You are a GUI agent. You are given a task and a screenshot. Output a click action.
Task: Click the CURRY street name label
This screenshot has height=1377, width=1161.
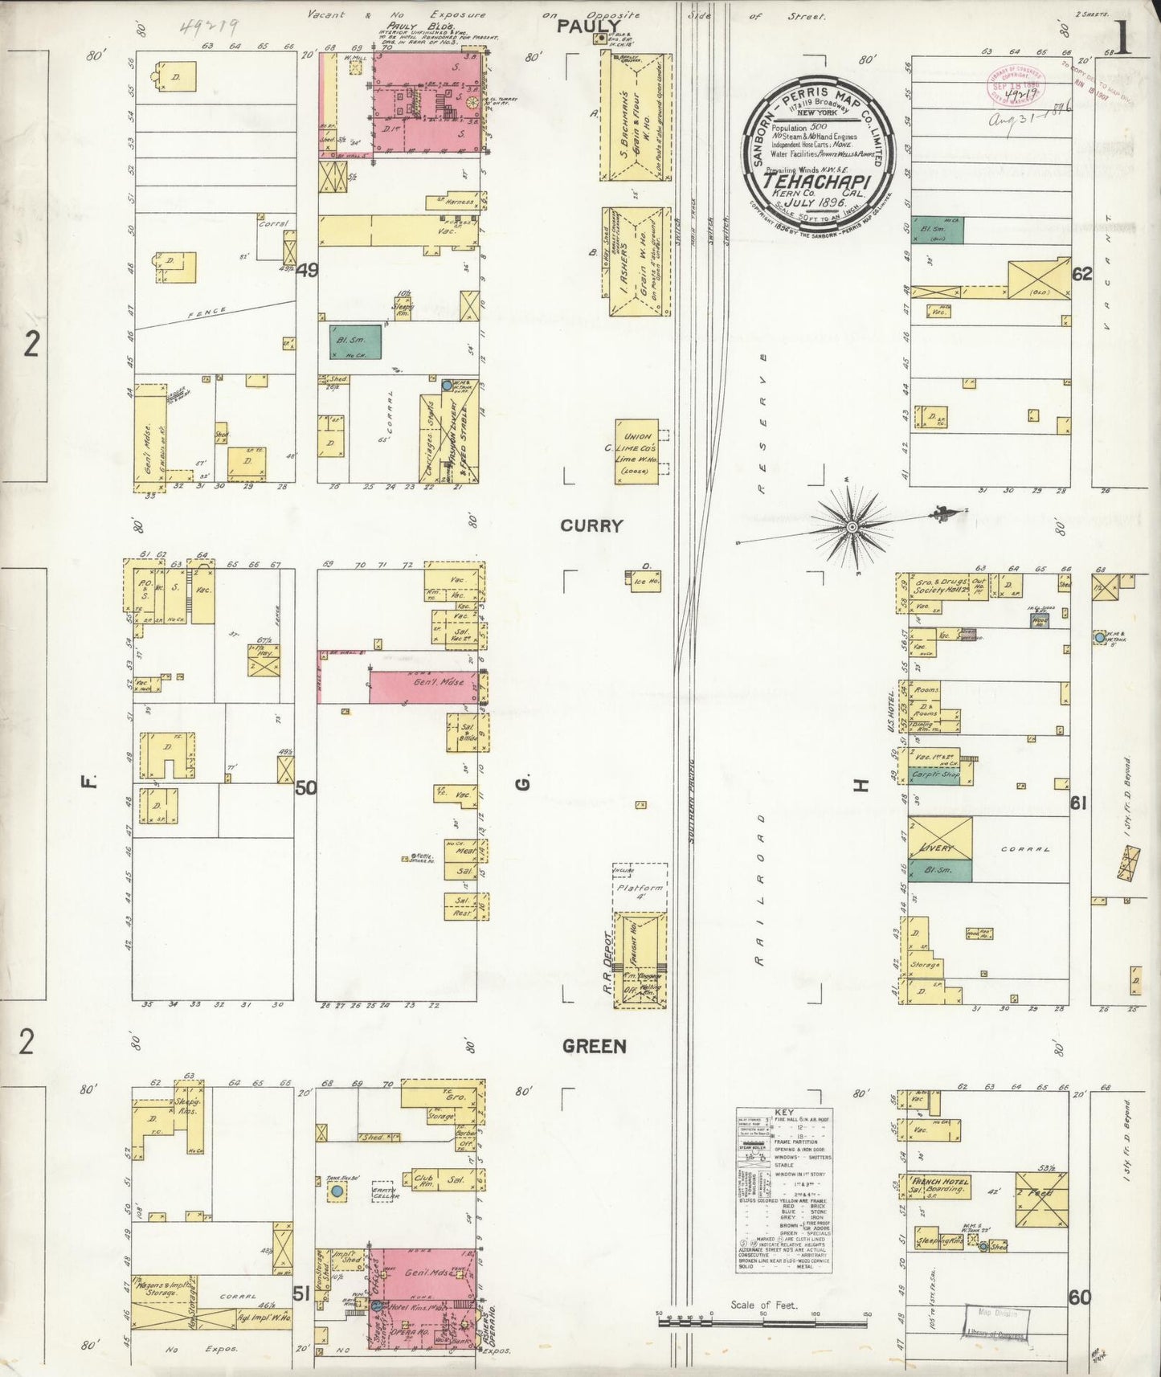click(591, 526)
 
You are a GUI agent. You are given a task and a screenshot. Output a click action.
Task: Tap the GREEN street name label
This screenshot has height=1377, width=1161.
click(594, 1046)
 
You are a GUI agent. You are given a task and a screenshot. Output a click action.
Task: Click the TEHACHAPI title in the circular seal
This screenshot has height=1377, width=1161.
click(816, 181)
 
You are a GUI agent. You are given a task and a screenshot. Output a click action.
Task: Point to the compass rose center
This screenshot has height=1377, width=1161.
click(852, 527)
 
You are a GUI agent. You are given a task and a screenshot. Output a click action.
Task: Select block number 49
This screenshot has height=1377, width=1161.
click(307, 270)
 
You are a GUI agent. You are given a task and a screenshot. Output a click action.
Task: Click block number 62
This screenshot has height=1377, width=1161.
click(1082, 274)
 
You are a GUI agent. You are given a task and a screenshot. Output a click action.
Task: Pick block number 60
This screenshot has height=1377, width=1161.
click(1080, 1297)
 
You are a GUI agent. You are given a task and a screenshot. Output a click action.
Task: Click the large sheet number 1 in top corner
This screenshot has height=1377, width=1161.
click(1122, 39)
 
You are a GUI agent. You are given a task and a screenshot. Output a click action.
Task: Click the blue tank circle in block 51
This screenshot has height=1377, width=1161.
click(337, 1191)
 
